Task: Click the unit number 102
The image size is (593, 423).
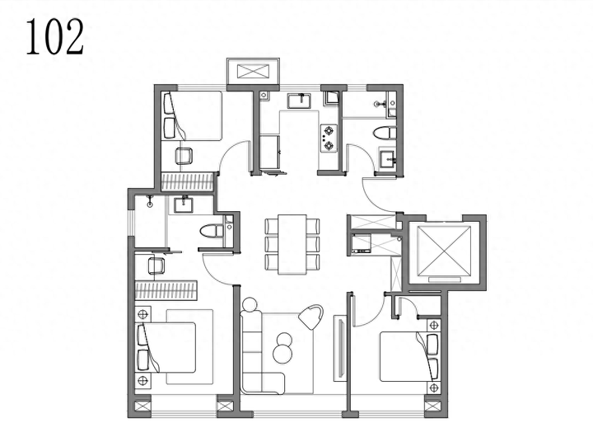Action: [x=55, y=37]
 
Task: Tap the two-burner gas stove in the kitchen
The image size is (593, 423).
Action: [x=329, y=138]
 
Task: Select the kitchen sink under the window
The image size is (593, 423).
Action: [x=299, y=101]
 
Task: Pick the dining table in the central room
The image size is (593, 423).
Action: [x=292, y=244]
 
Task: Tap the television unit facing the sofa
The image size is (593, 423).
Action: [x=339, y=349]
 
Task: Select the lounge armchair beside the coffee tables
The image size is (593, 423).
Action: [x=311, y=317]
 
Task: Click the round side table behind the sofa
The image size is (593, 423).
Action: [x=250, y=305]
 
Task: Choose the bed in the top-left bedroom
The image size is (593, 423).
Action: [x=193, y=116]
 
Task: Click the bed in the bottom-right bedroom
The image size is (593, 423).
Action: [x=410, y=356]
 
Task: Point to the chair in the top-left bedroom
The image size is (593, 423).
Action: [x=184, y=156]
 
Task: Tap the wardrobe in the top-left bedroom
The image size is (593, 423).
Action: [x=188, y=181]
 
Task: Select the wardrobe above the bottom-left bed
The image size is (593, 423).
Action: [x=166, y=290]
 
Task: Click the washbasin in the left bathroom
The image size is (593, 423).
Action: [x=184, y=204]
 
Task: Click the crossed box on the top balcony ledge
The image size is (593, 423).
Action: [x=254, y=71]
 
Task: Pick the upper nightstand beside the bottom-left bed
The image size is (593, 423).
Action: [x=143, y=314]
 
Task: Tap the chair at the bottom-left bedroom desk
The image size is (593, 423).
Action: [x=156, y=266]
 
